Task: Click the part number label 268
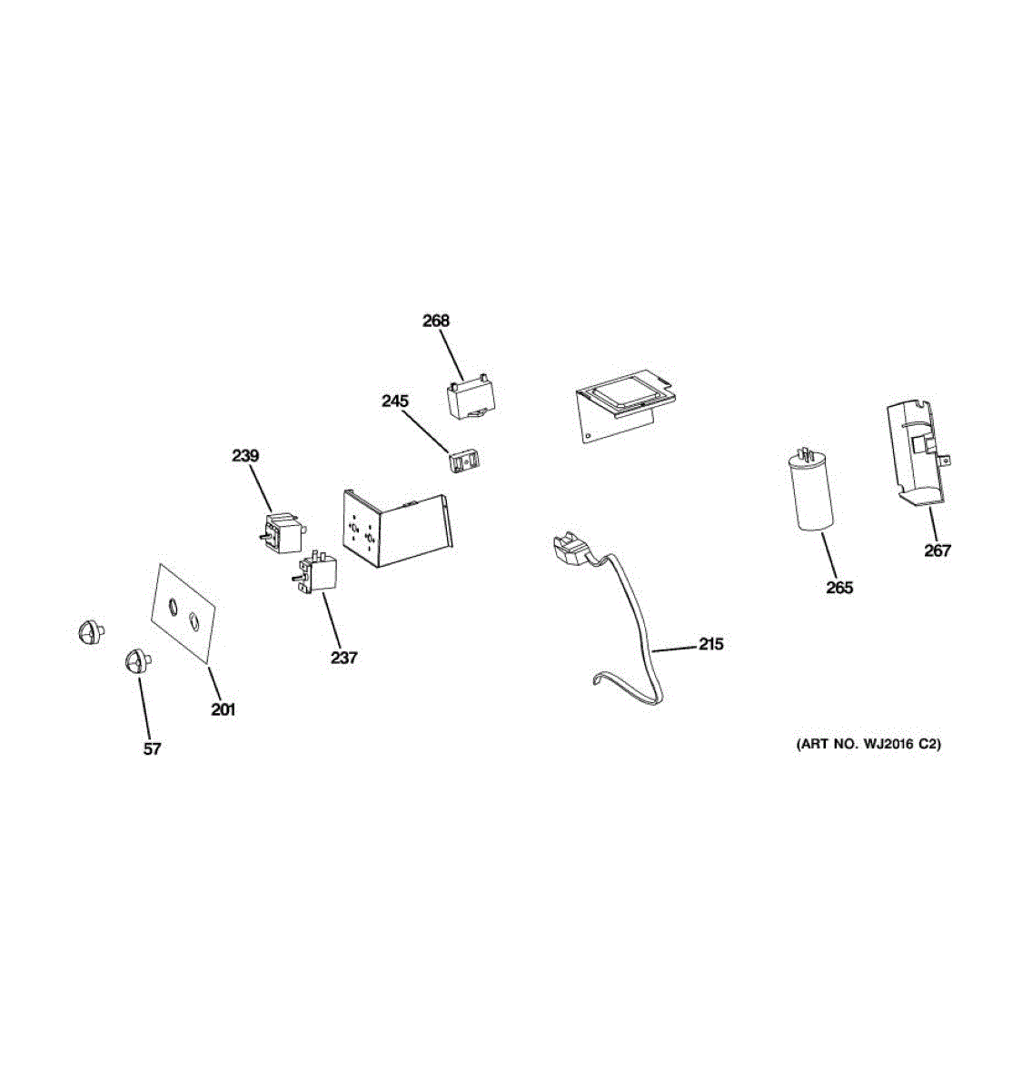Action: (x=436, y=321)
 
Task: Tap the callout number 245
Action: (x=395, y=401)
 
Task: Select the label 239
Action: (x=245, y=455)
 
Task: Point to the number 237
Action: (x=343, y=658)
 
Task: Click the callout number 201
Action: (x=223, y=709)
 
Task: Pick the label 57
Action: (x=152, y=748)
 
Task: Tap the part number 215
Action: (x=711, y=644)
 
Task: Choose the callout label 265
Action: (x=839, y=588)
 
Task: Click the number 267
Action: (x=938, y=550)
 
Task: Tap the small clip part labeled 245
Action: (x=466, y=461)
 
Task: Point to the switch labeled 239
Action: (x=280, y=534)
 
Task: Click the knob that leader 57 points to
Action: (x=135, y=660)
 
